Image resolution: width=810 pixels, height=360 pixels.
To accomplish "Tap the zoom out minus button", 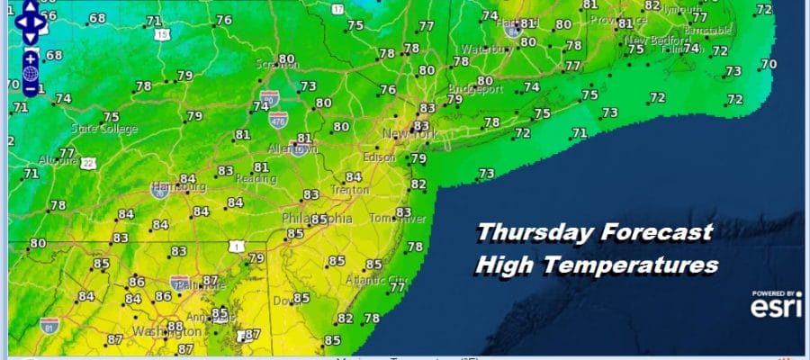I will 30,88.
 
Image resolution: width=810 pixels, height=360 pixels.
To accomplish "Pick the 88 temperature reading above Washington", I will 175,326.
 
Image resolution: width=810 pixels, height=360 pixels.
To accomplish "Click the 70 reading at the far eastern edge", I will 768,64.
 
